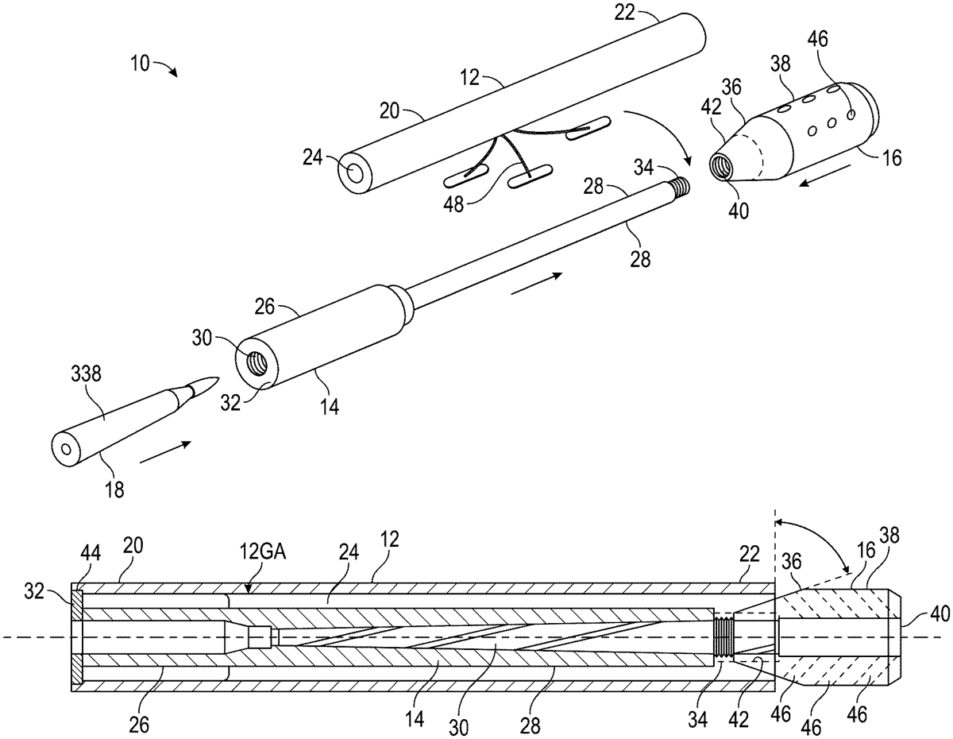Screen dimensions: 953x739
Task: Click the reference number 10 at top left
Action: [141, 64]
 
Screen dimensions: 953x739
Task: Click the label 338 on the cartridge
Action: [86, 374]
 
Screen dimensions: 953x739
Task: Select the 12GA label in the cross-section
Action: [263, 551]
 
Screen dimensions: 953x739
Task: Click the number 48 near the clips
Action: [453, 204]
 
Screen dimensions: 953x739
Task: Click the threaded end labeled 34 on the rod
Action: [681, 185]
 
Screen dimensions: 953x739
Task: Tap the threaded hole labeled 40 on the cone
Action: [720, 166]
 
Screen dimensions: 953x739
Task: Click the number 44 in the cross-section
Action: [91, 553]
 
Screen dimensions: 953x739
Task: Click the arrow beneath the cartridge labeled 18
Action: [165, 451]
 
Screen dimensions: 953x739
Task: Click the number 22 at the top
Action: [624, 13]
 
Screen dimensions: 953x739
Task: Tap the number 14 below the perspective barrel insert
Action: [330, 406]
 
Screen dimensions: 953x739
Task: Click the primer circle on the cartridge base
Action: [66, 449]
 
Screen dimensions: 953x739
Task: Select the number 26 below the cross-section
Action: [139, 725]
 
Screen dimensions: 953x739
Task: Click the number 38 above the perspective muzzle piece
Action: [781, 64]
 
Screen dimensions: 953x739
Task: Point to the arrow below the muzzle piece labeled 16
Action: [824, 175]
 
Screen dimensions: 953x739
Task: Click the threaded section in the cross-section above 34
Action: [723, 636]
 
